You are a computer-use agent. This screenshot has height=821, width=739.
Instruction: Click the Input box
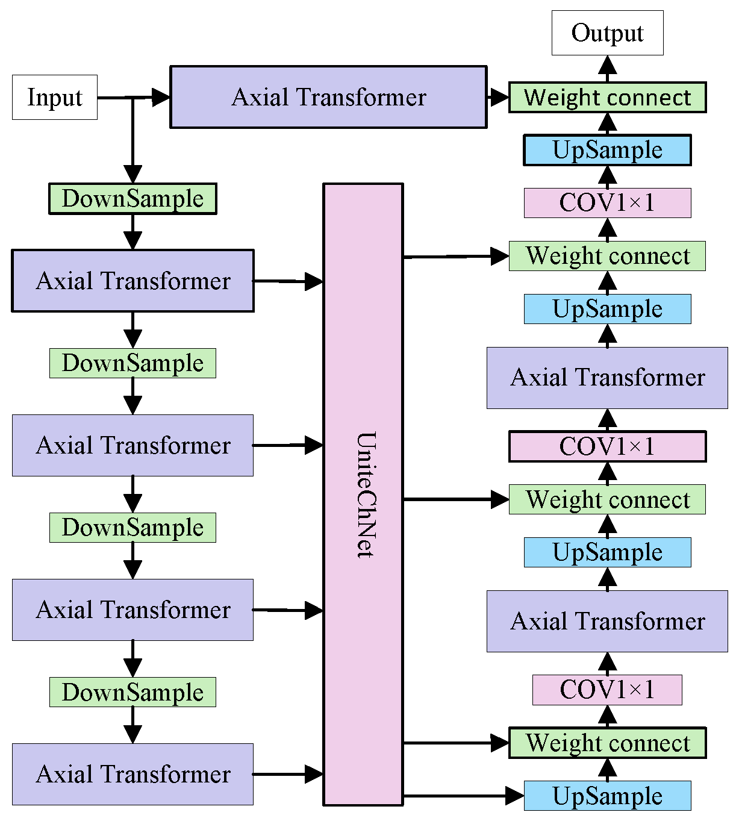pyautogui.click(x=54, y=97)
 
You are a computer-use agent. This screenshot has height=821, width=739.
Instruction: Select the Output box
pyautogui.click(x=607, y=33)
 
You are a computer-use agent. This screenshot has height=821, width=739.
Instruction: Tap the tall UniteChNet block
pyautogui.click(x=363, y=494)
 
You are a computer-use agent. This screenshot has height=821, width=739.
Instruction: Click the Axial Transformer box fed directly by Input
pyautogui.click(x=328, y=97)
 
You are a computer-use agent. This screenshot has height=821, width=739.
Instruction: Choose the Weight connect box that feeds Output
pyautogui.click(x=607, y=98)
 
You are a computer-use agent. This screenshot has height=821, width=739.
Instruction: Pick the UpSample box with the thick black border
pyautogui.click(x=607, y=150)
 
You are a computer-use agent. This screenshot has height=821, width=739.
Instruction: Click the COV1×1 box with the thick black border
pyautogui.click(x=607, y=446)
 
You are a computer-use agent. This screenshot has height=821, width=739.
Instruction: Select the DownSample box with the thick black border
pyautogui.click(x=133, y=199)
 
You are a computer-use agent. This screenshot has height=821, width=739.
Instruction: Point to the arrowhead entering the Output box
pyautogui.click(x=607, y=64)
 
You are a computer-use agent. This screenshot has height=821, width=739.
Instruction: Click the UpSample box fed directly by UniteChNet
pyautogui.click(x=607, y=796)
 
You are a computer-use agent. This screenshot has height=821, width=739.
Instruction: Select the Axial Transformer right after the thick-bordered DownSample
pyautogui.click(x=133, y=281)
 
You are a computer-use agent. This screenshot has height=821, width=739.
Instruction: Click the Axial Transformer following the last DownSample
pyautogui.click(x=133, y=774)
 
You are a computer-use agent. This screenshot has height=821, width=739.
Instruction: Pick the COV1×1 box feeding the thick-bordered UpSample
pyautogui.click(x=607, y=203)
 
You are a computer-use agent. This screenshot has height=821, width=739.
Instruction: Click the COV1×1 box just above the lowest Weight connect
pyautogui.click(x=607, y=690)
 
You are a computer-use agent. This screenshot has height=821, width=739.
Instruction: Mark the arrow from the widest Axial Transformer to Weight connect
pyautogui.click(x=498, y=97)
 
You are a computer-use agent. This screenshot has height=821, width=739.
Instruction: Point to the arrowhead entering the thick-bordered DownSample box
pyautogui.click(x=133, y=174)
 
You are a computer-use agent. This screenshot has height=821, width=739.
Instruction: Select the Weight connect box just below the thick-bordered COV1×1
pyautogui.click(x=607, y=499)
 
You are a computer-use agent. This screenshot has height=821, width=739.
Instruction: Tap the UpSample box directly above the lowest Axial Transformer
pyautogui.click(x=607, y=552)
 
